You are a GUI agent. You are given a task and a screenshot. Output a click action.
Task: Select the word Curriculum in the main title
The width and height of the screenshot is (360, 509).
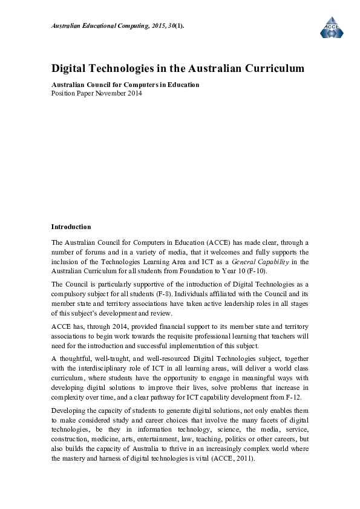tap(272, 68)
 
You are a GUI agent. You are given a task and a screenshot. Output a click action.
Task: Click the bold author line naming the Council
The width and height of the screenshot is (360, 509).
tap(125, 85)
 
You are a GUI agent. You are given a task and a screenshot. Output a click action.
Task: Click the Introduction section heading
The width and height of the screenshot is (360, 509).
tap(71, 227)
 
